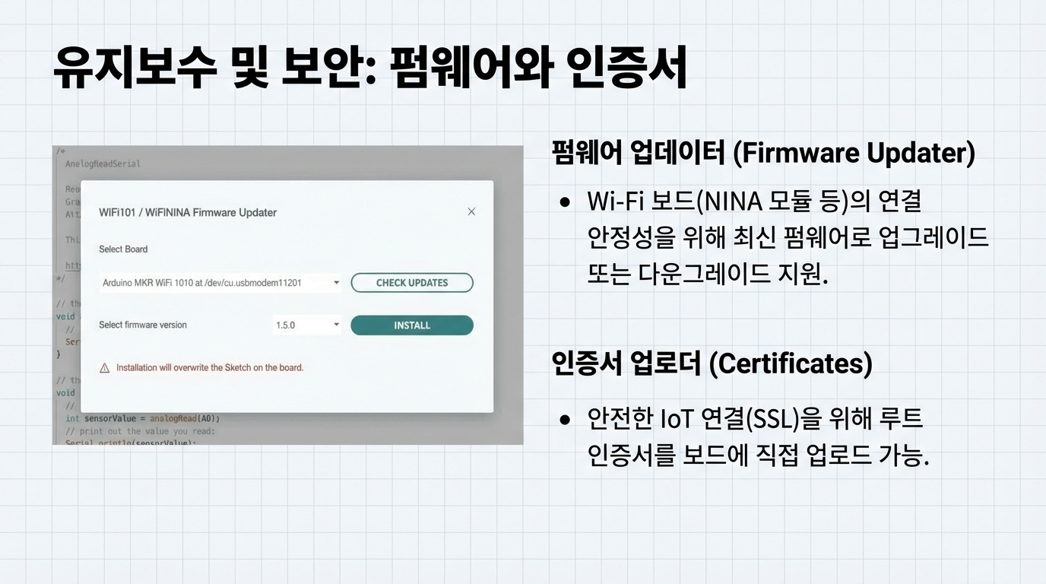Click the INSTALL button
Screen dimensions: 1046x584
coord(411,325)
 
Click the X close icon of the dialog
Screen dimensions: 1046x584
coord(471,211)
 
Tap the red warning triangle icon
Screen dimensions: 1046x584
coord(105,368)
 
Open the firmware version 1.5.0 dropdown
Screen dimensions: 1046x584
coord(307,325)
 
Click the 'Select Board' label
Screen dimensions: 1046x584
coord(123,249)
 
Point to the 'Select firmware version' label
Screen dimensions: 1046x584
coord(143,325)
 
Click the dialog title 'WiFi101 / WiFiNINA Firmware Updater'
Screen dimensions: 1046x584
coord(188,212)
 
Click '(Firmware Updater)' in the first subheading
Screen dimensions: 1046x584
coord(854,153)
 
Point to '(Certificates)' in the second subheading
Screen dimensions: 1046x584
coord(791,363)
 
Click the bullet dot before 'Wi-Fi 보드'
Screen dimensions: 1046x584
coord(565,203)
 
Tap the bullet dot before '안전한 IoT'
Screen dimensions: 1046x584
coord(565,419)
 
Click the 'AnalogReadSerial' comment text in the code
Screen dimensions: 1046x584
coord(103,163)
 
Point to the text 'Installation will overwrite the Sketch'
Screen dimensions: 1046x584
coord(210,368)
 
